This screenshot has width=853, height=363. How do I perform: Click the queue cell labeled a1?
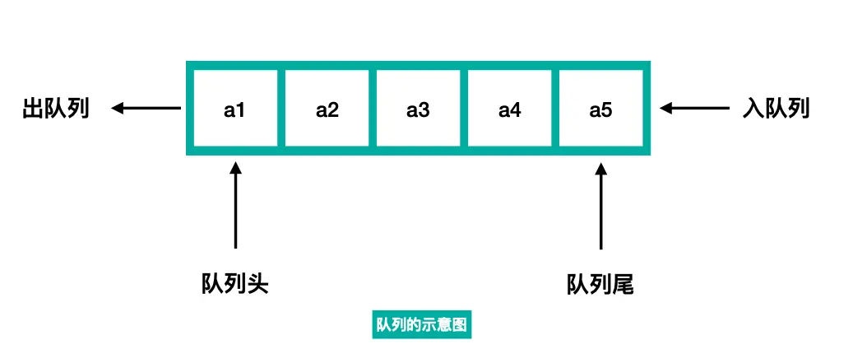(x=235, y=108)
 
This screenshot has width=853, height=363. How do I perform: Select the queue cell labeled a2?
(x=327, y=108)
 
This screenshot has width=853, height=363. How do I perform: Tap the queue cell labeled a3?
(x=418, y=108)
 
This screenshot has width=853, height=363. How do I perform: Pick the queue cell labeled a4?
(x=509, y=108)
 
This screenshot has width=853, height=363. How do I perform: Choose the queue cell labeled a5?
(x=600, y=108)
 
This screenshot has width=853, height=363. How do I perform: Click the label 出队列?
(x=55, y=108)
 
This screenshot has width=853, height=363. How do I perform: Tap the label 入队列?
(x=776, y=108)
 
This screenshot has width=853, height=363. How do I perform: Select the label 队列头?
(x=235, y=285)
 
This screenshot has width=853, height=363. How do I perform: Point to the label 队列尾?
(x=600, y=285)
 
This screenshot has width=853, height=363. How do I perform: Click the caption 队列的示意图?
(x=421, y=324)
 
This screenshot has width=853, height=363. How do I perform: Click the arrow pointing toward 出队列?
(x=146, y=108)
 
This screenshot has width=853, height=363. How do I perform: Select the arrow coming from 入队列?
(x=695, y=108)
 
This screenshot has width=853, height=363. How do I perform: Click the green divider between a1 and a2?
(x=281, y=108)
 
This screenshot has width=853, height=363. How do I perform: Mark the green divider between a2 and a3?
(x=373, y=108)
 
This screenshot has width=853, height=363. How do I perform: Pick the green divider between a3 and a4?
(x=464, y=108)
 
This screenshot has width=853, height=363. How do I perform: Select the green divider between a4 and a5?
(x=555, y=108)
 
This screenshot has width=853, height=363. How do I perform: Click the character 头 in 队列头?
(x=258, y=285)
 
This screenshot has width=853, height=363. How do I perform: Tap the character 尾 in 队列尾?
(x=624, y=285)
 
